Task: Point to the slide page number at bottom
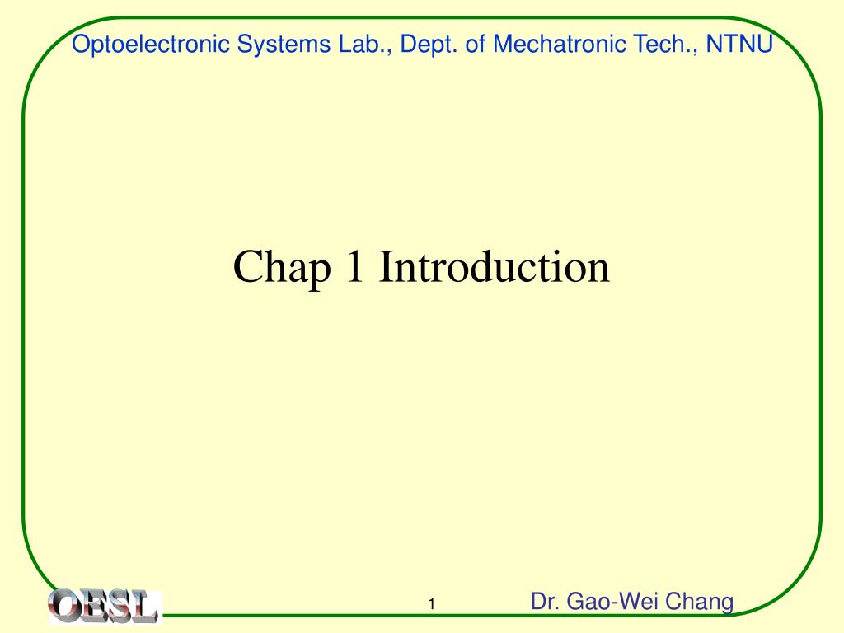pyautogui.click(x=430, y=606)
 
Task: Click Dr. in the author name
pyautogui.click(x=544, y=602)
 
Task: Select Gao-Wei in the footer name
pyautogui.click(x=617, y=602)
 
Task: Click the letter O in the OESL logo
pyautogui.click(x=64, y=605)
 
